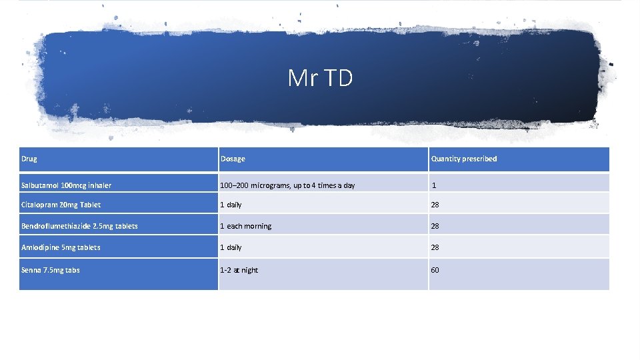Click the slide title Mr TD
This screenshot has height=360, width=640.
point(320,78)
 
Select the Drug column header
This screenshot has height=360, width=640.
point(29,159)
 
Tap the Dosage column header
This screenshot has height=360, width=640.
point(233,159)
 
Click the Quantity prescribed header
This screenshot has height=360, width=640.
point(464,159)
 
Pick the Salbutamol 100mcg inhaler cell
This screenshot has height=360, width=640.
point(66,185)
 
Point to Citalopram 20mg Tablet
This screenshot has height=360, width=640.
point(61,205)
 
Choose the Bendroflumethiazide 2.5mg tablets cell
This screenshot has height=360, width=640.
point(79,226)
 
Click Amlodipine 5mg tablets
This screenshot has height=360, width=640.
point(61,247)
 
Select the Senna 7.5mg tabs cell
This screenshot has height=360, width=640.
point(51,270)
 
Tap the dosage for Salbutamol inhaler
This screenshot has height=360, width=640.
point(288,185)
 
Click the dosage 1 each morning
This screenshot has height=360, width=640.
point(246,226)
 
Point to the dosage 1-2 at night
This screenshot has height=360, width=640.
point(239,270)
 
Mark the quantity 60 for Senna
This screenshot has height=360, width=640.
point(435,270)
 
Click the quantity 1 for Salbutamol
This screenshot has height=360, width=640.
point(434,185)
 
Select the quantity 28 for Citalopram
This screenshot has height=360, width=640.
point(435,205)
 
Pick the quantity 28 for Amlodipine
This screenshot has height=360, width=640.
point(435,247)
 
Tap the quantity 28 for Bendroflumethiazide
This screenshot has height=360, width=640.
point(435,226)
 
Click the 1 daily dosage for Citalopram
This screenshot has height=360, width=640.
point(231,205)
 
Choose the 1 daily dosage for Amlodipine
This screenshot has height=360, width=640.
point(231,247)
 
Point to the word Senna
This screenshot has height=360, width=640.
point(31,270)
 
